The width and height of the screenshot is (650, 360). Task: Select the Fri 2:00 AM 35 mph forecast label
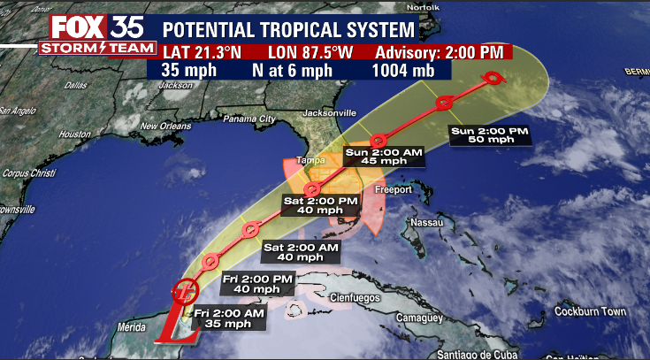click(229, 318)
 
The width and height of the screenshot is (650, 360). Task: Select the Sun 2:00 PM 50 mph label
click(489, 134)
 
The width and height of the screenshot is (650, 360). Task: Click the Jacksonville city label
click(327, 112)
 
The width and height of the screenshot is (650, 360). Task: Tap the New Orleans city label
click(165, 126)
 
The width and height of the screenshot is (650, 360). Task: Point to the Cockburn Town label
click(590, 311)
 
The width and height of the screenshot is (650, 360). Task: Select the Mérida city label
click(120, 327)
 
